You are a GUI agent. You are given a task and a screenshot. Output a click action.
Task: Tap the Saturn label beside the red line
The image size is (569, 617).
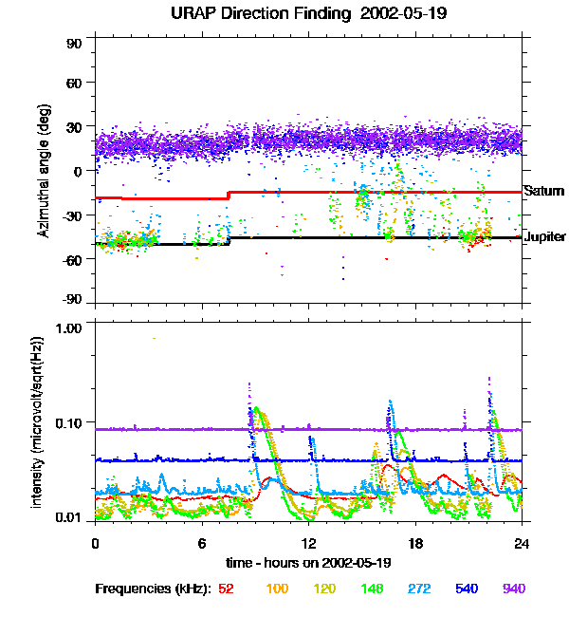(x=544, y=191)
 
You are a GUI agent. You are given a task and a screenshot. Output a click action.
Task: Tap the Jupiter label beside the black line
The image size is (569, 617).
(x=545, y=236)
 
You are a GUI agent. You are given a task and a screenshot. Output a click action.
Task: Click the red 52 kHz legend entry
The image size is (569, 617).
(x=226, y=589)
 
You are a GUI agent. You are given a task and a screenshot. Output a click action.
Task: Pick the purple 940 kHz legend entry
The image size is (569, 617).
(x=514, y=589)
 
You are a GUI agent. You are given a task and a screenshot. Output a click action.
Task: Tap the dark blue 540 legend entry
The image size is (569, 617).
(x=467, y=589)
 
